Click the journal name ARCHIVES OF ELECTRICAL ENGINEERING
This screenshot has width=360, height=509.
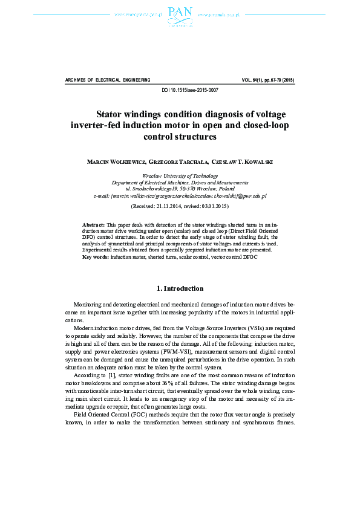(107, 80)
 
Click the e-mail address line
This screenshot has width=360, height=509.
(180, 196)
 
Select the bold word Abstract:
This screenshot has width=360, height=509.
(93, 224)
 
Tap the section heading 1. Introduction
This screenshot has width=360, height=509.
(180, 288)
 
